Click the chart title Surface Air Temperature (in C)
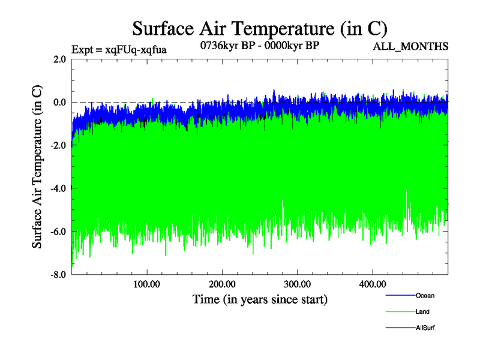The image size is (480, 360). coord(260,28)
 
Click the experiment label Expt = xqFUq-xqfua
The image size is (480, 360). coord(119,50)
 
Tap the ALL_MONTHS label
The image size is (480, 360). coord(410,46)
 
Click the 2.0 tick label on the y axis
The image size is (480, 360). coord(59,59)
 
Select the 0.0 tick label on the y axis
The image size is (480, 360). coord(59,103)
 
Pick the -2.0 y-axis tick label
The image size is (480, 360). coord(58,146)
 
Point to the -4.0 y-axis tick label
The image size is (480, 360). coord(58,189)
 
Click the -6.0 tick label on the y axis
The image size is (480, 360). coord(58,232)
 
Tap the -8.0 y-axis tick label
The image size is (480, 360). coord(58,275)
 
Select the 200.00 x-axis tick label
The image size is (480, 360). coord(222,284)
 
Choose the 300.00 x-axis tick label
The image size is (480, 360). coord(297,284)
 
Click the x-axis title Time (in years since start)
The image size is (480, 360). coord(260,298)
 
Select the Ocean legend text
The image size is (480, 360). coord(425,295)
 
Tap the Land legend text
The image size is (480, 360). coord(422,312)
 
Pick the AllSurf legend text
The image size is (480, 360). coord(425,328)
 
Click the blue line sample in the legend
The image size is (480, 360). coord(399,296)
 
